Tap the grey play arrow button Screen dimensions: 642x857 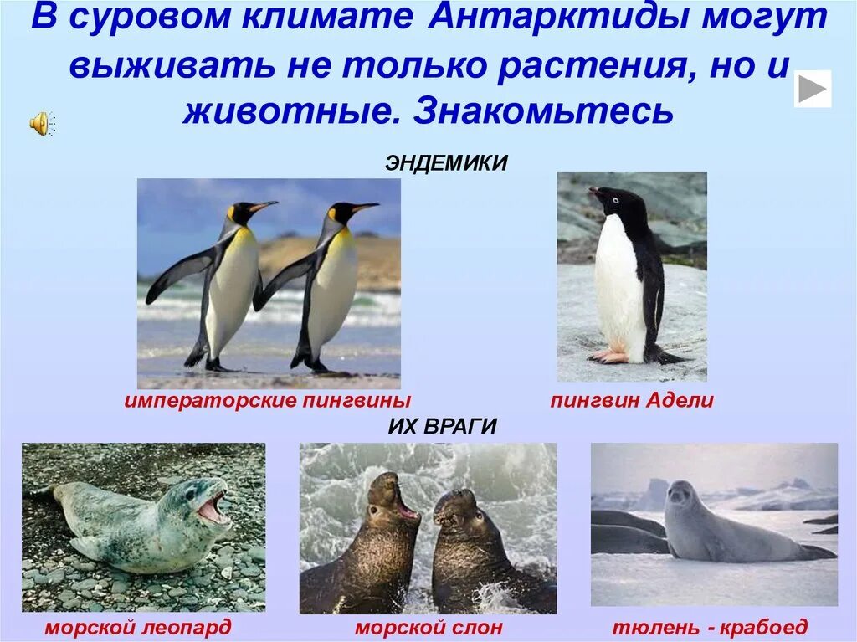tap(812, 89)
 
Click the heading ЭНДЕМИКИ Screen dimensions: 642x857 tap(446, 162)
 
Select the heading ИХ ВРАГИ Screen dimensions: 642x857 tap(443, 426)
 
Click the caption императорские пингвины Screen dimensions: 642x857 tap(268, 400)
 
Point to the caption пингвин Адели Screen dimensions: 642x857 tap(632, 400)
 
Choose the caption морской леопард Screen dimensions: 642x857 tap(138, 627)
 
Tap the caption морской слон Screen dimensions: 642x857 tap(428, 627)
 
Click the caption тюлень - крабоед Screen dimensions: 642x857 tap(711, 627)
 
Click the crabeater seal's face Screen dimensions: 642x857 tap(680, 497)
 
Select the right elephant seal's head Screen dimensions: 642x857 tap(454, 509)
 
